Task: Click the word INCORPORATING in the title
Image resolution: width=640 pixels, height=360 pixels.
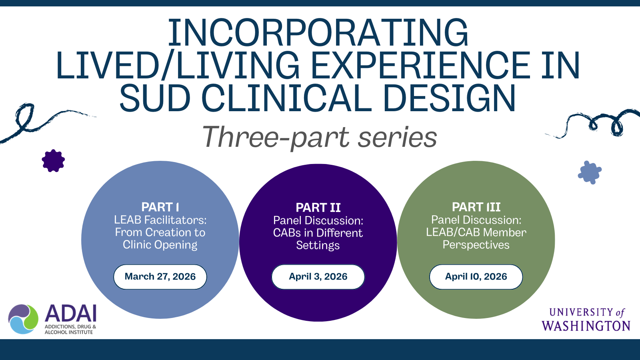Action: tap(318, 32)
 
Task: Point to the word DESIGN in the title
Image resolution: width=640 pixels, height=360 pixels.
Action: tap(450, 98)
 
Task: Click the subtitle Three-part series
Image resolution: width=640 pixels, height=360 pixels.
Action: tap(320, 138)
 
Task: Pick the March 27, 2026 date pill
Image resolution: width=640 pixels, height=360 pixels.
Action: tap(160, 277)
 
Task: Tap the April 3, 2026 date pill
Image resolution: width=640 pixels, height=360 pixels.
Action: tap(318, 277)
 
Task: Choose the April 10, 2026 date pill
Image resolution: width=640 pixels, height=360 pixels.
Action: tap(476, 277)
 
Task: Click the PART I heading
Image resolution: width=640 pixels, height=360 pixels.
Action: tap(160, 207)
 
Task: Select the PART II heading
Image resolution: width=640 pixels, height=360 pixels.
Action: tap(318, 208)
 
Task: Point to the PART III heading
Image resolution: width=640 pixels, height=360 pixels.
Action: tap(476, 207)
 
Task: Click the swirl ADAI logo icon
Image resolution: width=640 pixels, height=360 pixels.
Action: tap(23, 319)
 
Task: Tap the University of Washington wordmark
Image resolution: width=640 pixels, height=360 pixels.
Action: tap(586, 320)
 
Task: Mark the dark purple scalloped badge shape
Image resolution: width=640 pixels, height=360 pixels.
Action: tap(53, 161)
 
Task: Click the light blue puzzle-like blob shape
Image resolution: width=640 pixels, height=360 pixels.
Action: tap(590, 172)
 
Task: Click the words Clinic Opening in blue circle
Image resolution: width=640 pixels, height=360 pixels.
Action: tap(160, 245)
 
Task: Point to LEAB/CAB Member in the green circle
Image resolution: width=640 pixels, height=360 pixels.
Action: tap(476, 232)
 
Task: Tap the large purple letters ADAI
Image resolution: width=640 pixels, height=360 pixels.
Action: tap(70, 314)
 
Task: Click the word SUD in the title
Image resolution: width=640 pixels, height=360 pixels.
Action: tap(154, 98)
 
